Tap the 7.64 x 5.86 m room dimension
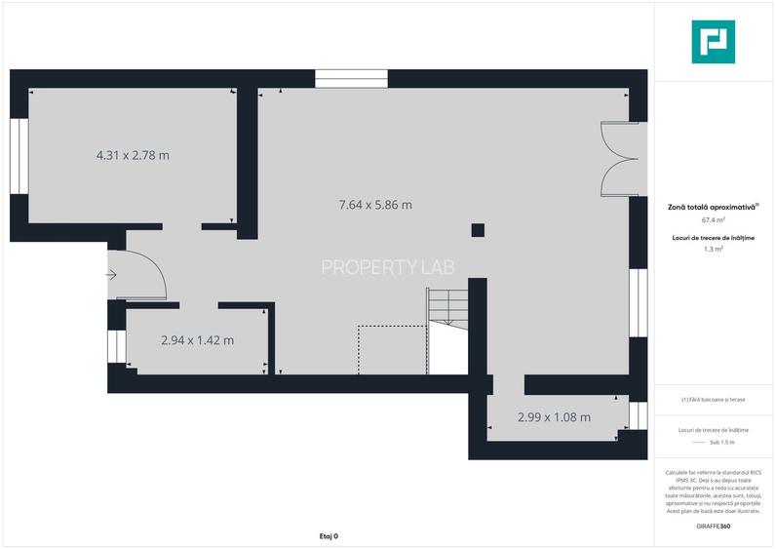375,205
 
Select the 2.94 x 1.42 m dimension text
198,340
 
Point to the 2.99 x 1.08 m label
554,417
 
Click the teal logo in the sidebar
714,42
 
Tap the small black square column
478,230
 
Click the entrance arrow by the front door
112,275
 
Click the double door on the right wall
620,160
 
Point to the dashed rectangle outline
393,350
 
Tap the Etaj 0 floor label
329,536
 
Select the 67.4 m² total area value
714,220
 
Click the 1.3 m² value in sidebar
714,250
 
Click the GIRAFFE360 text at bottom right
714,527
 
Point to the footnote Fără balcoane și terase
714,400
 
